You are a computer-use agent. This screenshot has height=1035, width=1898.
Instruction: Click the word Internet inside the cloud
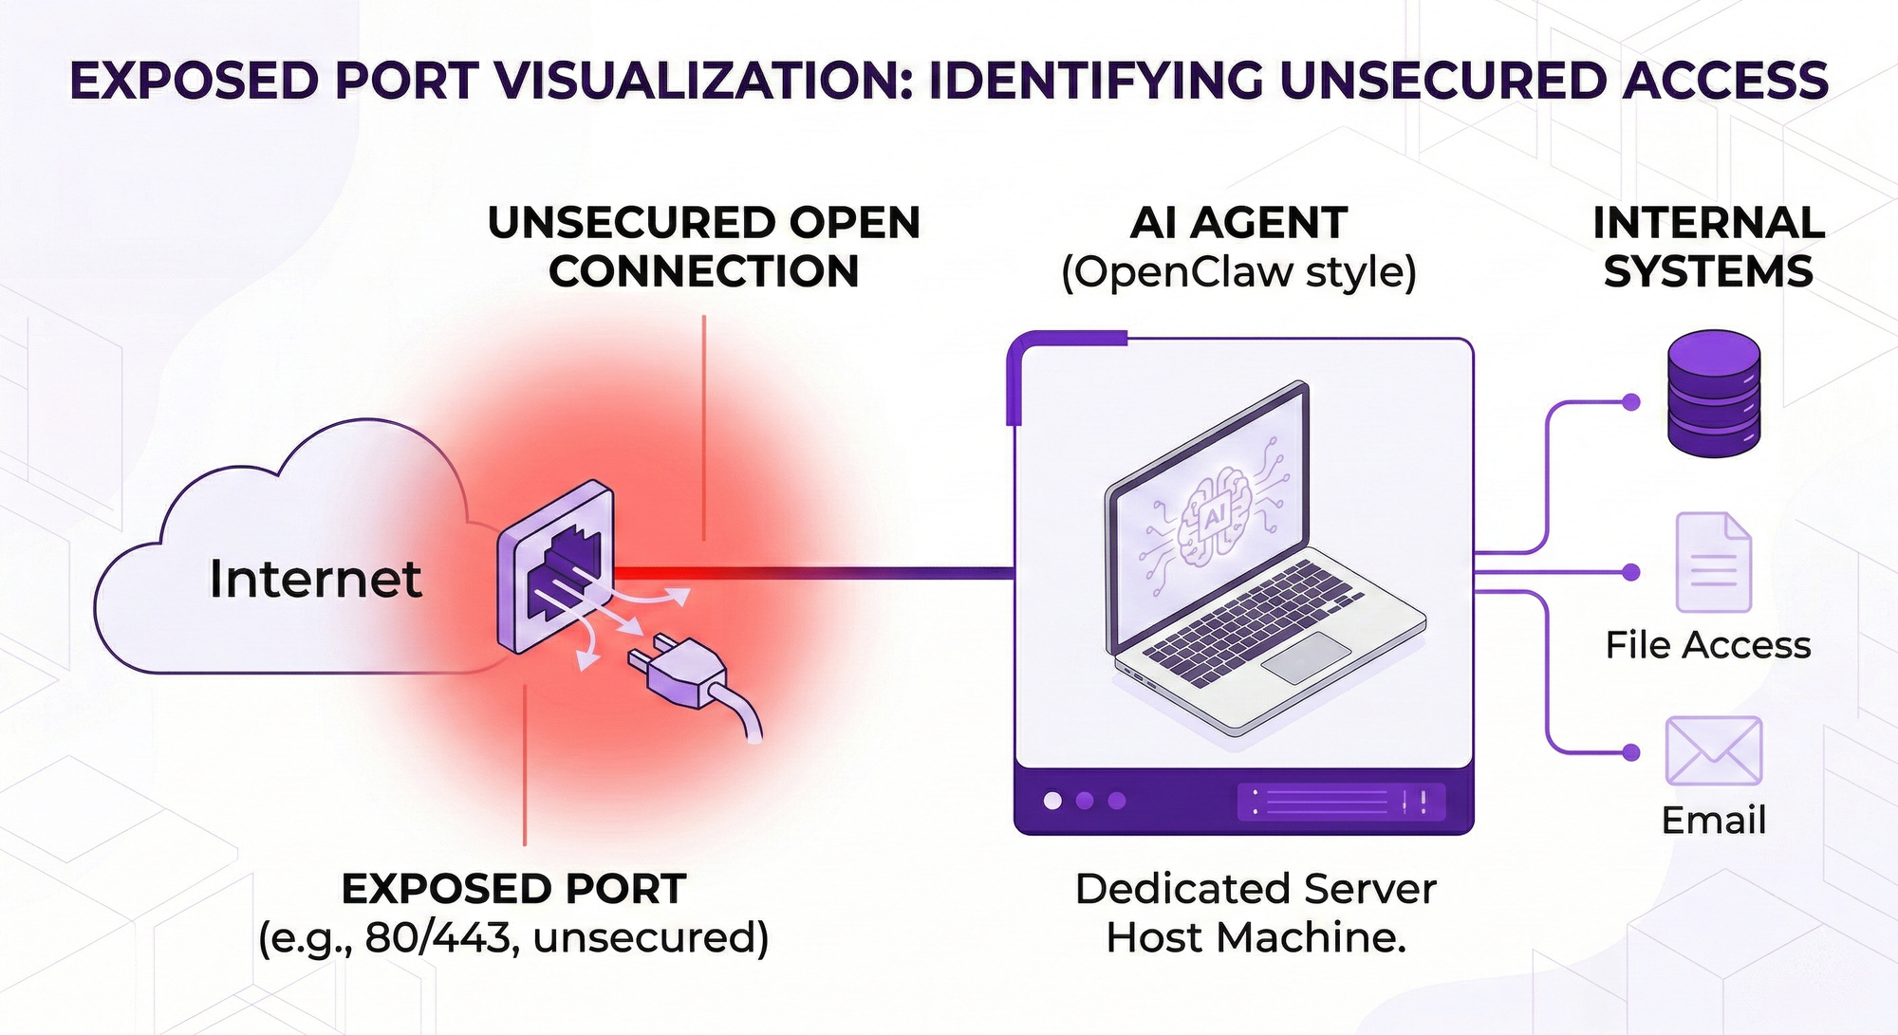(x=315, y=579)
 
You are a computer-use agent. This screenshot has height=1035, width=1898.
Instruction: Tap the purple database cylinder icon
(x=1714, y=393)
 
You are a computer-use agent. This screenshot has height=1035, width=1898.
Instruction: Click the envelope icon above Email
(x=1713, y=750)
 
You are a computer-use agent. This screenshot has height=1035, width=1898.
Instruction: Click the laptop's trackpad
(x=1306, y=657)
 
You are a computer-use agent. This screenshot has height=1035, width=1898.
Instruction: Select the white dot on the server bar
(x=1052, y=801)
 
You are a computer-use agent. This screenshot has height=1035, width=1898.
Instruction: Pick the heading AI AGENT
(x=1238, y=224)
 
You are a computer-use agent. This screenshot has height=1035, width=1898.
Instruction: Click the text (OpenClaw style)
(x=1238, y=273)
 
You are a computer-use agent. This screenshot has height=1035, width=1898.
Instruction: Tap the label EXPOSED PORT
(x=513, y=890)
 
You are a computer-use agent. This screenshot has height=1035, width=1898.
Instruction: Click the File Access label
(x=1707, y=645)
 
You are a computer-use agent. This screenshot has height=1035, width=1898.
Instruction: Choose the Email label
(x=1713, y=821)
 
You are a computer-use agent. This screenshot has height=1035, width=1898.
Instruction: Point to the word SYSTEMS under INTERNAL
(x=1708, y=273)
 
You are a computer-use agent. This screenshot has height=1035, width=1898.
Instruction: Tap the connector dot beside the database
(x=1631, y=402)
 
